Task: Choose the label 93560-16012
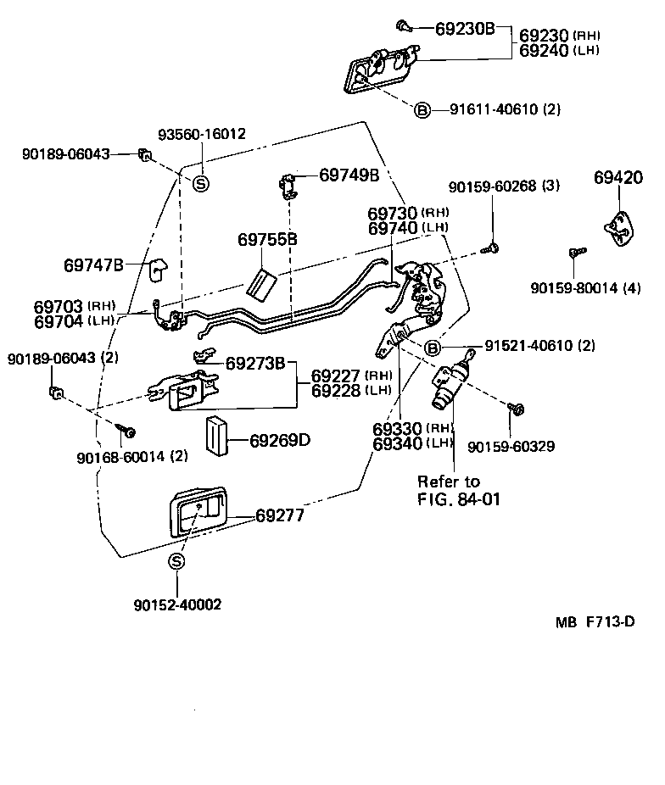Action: pyautogui.click(x=202, y=135)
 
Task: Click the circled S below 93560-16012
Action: pyautogui.click(x=201, y=183)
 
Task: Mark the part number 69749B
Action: pyautogui.click(x=349, y=175)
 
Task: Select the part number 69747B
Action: pyautogui.click(x=93, y=265)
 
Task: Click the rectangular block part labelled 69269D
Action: pyautogui.click(x=215, y=436)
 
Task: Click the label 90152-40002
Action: pyautogui.click(x=177, y=604)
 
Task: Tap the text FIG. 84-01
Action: pyautogui.click(x=459, y=499)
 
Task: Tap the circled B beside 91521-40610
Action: pyautogui.click(x=431, y=347)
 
